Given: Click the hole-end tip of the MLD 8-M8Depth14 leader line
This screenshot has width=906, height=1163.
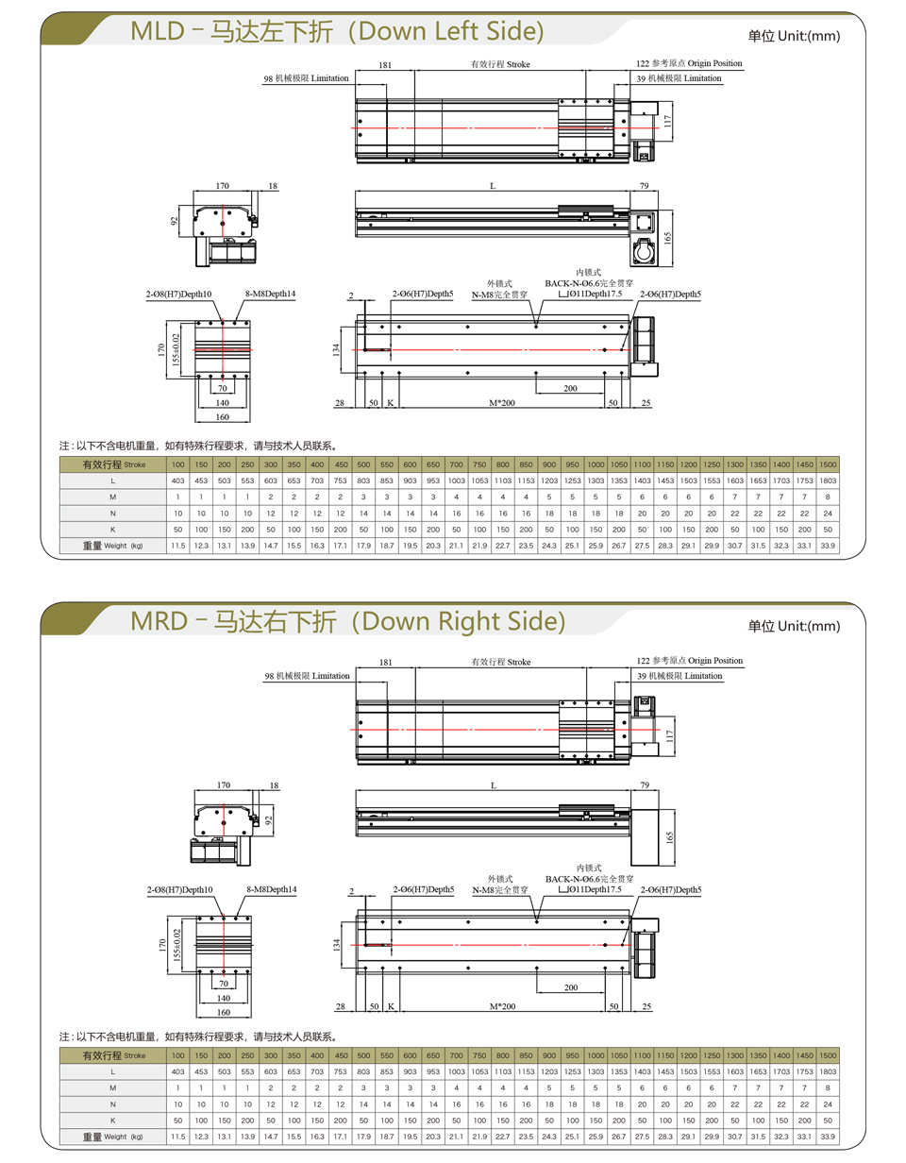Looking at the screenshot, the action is point(235,322).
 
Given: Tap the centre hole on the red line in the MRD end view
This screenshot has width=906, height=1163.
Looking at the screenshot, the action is point(224,822).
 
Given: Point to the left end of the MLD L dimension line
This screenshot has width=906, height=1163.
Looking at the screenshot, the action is point(356,191).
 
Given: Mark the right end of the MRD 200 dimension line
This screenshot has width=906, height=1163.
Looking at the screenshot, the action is point(605,993).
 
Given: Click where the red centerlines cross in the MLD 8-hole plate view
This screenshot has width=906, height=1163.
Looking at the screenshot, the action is point(223,349).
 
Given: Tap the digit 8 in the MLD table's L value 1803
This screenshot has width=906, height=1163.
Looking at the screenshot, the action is point(824,480).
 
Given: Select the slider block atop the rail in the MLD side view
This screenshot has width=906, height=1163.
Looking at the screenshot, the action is point(586,210).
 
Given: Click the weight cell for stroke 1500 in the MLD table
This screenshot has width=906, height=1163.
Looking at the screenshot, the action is point(828,546).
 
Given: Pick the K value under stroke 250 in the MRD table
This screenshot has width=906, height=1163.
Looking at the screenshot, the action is point(247,1120).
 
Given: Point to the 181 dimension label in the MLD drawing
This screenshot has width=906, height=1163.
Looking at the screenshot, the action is point(385,65).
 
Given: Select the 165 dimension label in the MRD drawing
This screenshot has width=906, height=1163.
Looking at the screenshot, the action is point(668,837).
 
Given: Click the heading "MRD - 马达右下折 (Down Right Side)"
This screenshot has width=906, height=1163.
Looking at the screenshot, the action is point(348,621).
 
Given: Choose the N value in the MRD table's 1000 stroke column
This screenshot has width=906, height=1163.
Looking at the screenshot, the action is point(596,1104).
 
